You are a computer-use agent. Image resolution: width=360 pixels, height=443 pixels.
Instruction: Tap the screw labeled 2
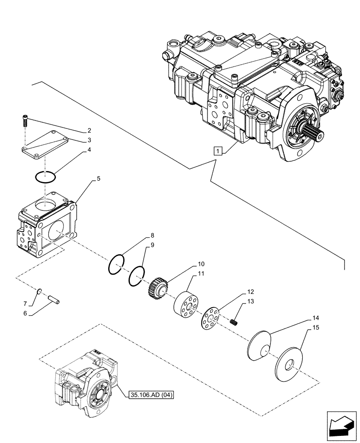[24, 120]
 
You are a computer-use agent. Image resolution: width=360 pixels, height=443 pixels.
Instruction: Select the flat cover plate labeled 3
[45, 146]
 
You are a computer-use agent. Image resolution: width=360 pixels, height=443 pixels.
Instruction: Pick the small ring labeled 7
[39, 291]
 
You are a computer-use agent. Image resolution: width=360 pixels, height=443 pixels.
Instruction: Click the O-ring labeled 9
[137, 277]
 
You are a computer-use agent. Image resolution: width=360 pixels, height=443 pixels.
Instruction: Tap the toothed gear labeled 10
[157, 288]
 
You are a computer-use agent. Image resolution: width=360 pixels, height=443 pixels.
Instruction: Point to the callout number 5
[98, 179]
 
